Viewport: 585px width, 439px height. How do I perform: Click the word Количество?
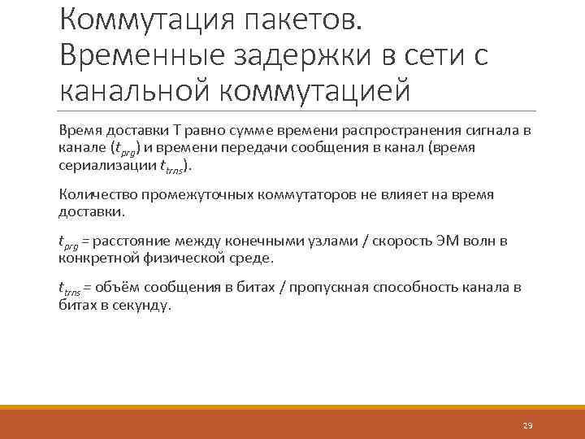pos(98,194)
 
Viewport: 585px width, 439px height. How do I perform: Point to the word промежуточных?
pos(194,194)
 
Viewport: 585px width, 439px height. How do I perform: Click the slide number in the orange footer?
pos(527,426)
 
